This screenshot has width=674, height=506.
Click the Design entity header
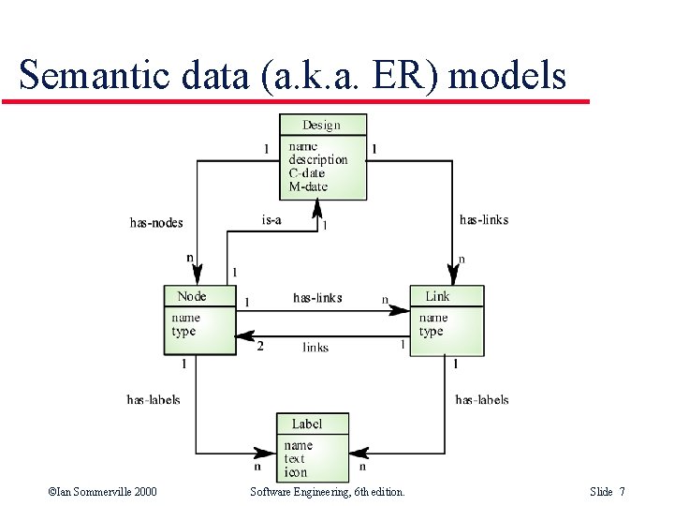coord(322,125)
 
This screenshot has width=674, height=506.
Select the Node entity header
coord(192,296)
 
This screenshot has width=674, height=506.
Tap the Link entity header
coord(437,296)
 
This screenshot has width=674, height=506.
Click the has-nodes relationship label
coord(156,223)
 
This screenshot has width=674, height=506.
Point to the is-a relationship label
coord(271,220)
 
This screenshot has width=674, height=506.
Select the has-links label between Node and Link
coord(317,298)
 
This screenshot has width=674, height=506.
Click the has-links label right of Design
coord(484,220)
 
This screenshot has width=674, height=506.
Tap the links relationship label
coord(315,348)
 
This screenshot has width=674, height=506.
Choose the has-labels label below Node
coord(154,400)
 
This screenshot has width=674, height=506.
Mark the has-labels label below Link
coord(482,400)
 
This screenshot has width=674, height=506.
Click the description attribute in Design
coord(317,159)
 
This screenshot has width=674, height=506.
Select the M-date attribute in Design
coord(308,186)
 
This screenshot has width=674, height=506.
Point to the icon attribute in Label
coord(296,472)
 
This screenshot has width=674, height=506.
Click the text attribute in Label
coord(295,459)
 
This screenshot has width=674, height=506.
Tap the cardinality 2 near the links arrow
coord(260,346)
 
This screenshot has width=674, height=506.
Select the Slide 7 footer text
coord(608,492)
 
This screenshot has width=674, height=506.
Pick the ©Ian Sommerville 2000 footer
coord(103,492)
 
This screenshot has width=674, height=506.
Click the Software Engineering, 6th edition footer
coord(328,492)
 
